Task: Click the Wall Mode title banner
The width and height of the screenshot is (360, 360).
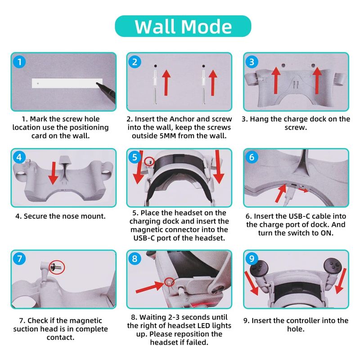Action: pyautogui.click(x=183, y=26)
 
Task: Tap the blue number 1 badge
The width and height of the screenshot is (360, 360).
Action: pyautogui.click(x=19, y=62)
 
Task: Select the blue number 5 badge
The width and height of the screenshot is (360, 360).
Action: pyautogui.click(x=135, y=157)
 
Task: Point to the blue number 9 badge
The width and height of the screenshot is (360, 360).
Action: pyautogui.click(x=252, y=258)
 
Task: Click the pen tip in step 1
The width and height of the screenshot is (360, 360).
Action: pyautogui.click(x=97, y=83)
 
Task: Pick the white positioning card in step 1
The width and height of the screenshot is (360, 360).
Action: pyautogui.click(x=67, y=83)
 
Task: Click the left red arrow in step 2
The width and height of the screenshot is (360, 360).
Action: pyautogui.click(x=166, y=83)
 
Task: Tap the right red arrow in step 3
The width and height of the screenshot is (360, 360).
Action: pyautogui.click(x=317, y=81)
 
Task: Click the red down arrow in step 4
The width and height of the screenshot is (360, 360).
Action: pyautogui.click(x=54, y=173)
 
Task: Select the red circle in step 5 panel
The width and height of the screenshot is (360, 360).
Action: pyautogui.click(x=149, y=162)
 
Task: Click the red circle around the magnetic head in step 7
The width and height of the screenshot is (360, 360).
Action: pyautogui.click(x=57, y=267)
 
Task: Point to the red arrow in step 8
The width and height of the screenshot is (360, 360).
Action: pyautogui.click(x=150, y=287)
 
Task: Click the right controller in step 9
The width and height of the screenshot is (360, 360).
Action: pyautogui.click(x=333, y=266)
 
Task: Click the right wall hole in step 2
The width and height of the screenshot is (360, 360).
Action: pyautogui.click(x=203, y=66)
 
